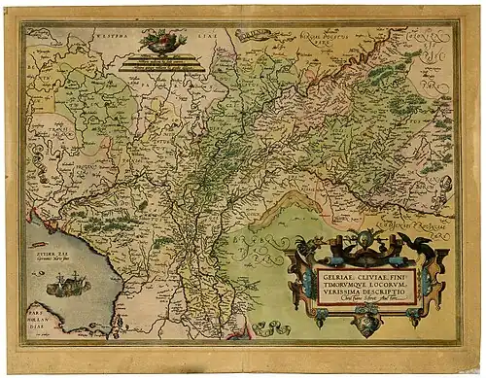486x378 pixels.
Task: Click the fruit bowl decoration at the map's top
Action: pyautogui.click(x=162, y=41)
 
